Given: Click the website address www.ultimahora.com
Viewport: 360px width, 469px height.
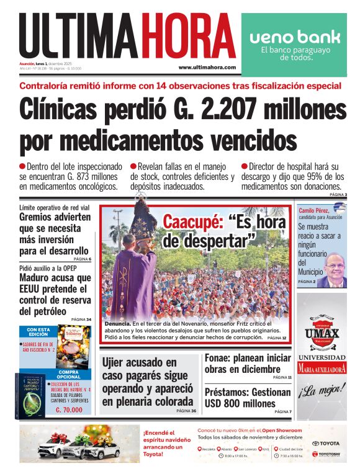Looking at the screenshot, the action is (207, 67).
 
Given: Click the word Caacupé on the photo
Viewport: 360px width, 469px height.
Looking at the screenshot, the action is (192, 221).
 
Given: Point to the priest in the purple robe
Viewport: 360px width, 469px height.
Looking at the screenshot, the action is (132, 273).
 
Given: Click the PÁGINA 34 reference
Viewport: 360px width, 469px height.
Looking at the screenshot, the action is (81, 319).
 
